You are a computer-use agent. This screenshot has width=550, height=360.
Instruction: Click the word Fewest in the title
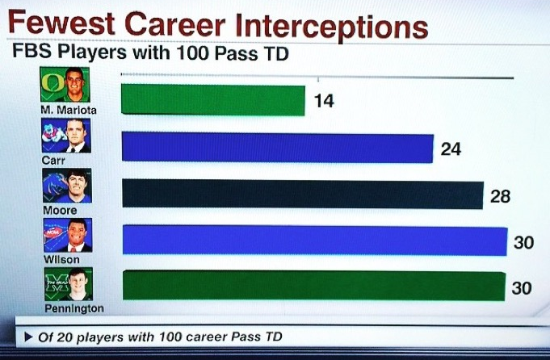point(61,23)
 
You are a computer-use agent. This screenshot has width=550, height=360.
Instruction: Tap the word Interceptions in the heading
point(332,26)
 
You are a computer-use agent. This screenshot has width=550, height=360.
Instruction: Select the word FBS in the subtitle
point(32,51)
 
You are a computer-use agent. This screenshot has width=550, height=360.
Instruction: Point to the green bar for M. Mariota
point(213,100)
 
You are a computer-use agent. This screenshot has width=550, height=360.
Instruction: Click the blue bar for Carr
point(278,148)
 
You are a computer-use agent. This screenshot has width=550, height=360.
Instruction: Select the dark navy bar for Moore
point(303,195)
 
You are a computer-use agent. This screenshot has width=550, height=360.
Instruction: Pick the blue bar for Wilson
point(315,241)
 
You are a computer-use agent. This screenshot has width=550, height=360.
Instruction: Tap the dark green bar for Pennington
point(314,286)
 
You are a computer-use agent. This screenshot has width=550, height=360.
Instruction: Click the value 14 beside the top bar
point(324,101)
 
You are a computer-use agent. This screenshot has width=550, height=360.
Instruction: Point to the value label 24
point(451,149)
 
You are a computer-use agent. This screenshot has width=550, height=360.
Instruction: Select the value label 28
point(500,196)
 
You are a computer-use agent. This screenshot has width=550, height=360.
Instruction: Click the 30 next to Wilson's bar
point(523,243)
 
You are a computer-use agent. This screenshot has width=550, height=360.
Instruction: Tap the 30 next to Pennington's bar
point(522,288)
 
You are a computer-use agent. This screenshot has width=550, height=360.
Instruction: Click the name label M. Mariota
point(69,110)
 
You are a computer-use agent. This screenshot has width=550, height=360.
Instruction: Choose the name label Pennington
point(74,308)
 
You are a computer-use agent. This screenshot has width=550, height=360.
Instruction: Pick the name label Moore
point(60,211)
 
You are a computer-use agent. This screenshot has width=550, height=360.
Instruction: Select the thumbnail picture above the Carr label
point(66,136)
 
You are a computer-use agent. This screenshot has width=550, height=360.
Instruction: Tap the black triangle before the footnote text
point(28,337)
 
